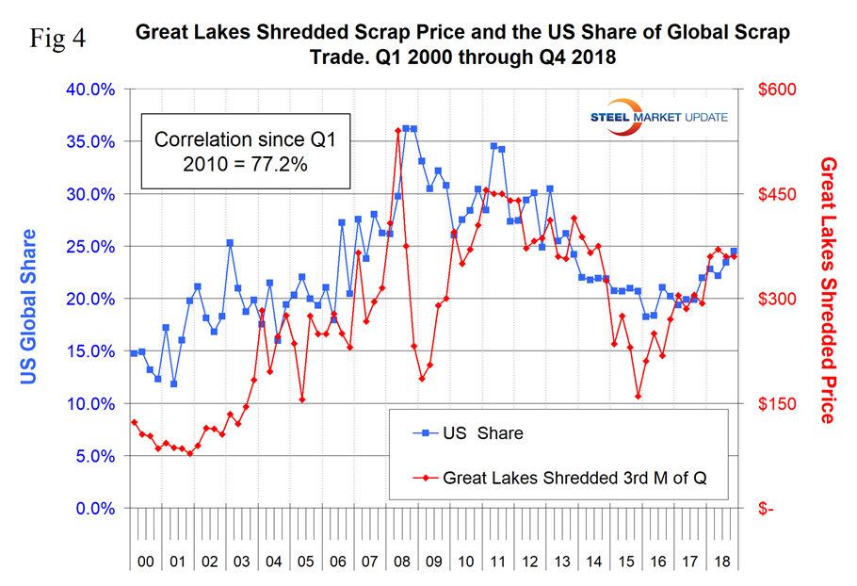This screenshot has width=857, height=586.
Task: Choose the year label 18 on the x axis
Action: [x=723, y=561]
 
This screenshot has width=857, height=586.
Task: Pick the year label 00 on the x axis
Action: [x=145, y=561]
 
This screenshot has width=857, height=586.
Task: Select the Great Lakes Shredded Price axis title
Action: [x=829, y=289]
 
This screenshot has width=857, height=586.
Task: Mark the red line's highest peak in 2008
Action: [x=397, y=131]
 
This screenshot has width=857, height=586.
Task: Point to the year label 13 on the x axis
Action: [x=562, y=561]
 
